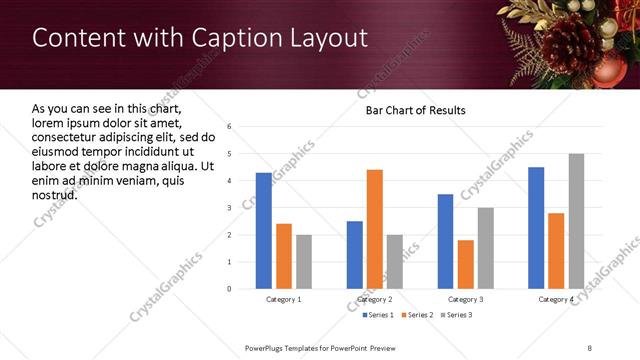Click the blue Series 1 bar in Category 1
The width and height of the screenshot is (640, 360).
(x=264, y=231)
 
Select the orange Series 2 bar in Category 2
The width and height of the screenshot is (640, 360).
(x=375, y=229)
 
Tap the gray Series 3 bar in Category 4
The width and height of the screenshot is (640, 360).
(x=576, y=221)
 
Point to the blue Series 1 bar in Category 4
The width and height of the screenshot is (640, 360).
(x=536, y=228)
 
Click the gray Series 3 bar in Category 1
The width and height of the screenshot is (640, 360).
(x=304, y=262)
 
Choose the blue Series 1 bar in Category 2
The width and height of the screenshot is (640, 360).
(x=355, y=255)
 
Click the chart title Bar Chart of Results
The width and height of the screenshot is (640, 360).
(x=415, y=110)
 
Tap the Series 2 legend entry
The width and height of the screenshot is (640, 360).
(x=416, y=315)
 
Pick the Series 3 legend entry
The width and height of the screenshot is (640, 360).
(x=454, y=315)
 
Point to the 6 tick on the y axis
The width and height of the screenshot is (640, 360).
(x=229, y=127)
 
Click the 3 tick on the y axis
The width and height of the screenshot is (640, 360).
(x=229, y=208)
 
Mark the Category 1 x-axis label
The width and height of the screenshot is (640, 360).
(x=284, y=299)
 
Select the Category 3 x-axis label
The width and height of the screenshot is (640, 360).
(x=466, y=299)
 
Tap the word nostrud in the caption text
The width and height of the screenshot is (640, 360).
(x=55, y=194)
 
